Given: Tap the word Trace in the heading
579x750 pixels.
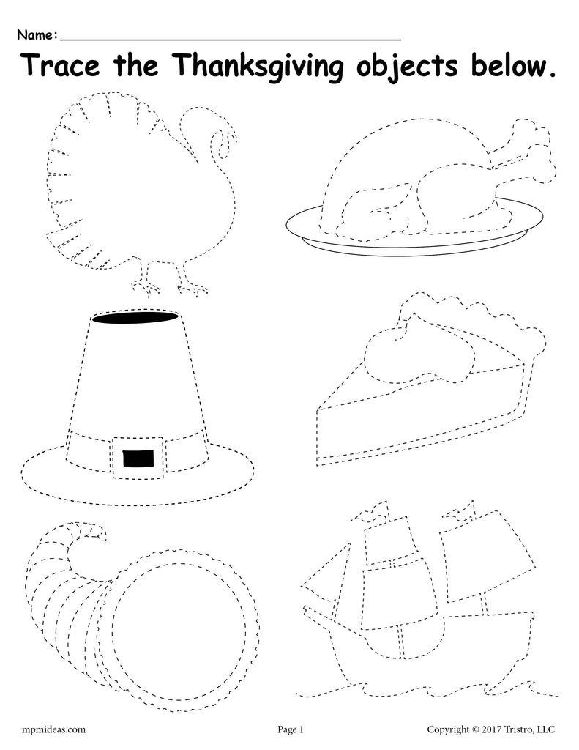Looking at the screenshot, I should (61, 65).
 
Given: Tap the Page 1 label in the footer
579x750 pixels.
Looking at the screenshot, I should (290, 729).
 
